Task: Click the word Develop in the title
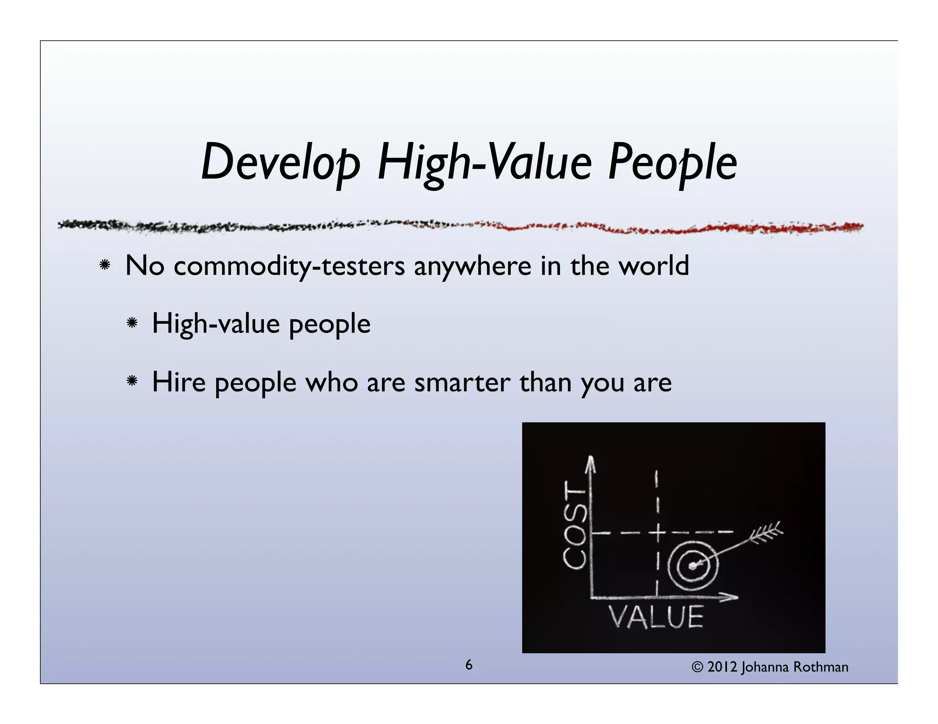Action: (x=281, y=162)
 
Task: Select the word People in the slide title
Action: (x=672, y=162)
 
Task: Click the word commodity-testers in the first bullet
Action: (x=289, y=266)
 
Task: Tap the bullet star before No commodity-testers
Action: (x=105, y=265)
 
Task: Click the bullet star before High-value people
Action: (x=132, y=323)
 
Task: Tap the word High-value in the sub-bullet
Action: (x=216, y=324)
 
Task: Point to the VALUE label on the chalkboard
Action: (x=656, y=617)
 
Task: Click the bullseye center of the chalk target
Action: (x=693, y=566)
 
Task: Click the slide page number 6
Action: (x=469, y=665)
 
